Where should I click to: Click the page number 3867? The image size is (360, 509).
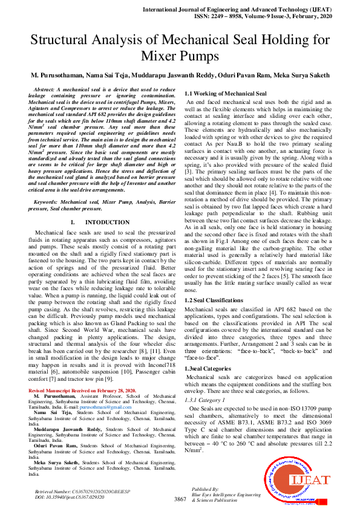pos(180,499)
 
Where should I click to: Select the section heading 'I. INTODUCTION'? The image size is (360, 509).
pos(100,222)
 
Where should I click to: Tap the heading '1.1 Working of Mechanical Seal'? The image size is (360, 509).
pos(225,94)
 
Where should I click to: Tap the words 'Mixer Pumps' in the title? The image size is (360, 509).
pos(180,57)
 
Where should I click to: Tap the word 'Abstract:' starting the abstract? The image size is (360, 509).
pos(53,89)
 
